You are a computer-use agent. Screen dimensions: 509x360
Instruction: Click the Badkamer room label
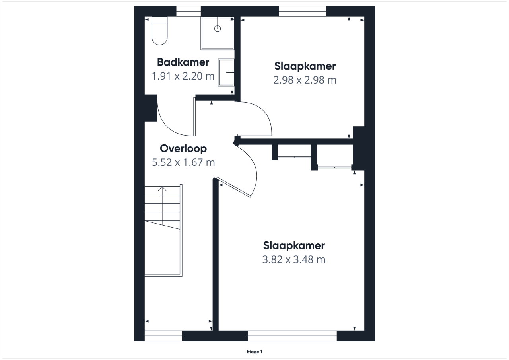click(183, 62)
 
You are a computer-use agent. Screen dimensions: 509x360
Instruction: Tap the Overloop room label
click(183, 149)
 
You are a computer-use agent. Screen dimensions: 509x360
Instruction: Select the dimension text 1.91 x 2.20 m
click(183, 76)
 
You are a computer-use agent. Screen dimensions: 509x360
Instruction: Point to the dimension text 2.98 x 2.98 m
click(305, 80)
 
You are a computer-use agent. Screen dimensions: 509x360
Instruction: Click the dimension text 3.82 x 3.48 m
click(294, 259)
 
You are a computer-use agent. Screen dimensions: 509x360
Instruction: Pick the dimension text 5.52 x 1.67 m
click(183, 163)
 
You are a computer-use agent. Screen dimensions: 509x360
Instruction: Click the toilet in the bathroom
click(159, 31)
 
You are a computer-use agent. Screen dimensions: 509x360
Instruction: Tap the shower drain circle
click(218, 29)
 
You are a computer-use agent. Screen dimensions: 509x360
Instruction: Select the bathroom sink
click(226, 72)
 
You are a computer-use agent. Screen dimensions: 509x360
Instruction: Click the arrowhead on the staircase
click(162, 189)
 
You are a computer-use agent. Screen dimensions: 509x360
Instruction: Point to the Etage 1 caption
click(254, 352)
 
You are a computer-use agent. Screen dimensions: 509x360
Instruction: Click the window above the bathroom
click(188, 11)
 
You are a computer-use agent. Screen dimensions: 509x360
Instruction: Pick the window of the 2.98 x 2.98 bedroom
click(302, 11)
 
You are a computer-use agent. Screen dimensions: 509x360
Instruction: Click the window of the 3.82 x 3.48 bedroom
click(292, 336)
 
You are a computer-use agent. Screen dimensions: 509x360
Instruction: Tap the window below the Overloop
click(163, 336)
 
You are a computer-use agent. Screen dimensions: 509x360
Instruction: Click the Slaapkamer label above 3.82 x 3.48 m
click(294, 246)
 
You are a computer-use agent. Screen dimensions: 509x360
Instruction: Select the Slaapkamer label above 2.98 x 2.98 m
click(305, 66)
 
